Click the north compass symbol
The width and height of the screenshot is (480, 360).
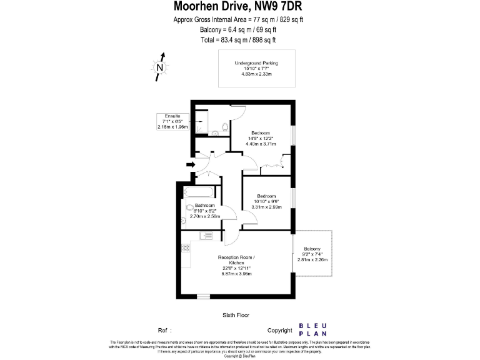click(x=161, y=67)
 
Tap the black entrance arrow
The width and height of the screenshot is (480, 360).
click(x=191, y=165)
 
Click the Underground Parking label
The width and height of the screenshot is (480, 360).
click(x=256, y=63)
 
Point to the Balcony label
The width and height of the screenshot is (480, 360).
click(x=312, y=248)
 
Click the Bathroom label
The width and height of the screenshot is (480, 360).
click(x=205, y=206)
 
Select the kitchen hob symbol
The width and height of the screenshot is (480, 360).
click(x=186, y=247)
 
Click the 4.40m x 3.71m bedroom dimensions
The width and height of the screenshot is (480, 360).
click(x=261, y=144)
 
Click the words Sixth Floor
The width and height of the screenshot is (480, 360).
click(x=236, y=315)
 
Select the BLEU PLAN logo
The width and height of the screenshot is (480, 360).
click(x=317, y=329)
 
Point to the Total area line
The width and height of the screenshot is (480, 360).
click(x=238, y=39)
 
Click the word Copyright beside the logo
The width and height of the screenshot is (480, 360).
click(x=280, y=330)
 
